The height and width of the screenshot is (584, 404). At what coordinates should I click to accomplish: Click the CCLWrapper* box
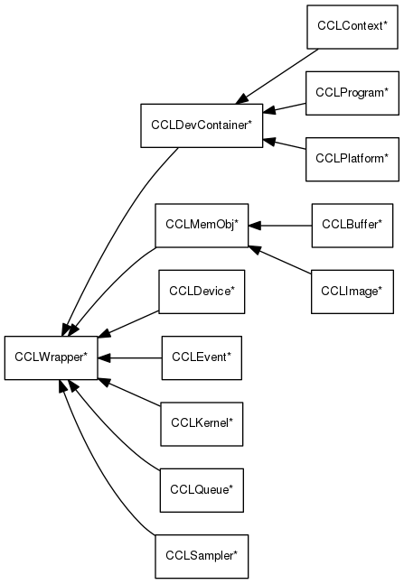coord(51,357)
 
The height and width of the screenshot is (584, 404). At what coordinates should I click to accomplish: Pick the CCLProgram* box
coord(352,92)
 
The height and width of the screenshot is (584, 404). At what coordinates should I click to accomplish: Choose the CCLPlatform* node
coord(352,159)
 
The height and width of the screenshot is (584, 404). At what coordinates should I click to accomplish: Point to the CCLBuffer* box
coord(352,226)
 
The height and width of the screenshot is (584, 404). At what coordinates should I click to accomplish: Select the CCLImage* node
coord(352,291)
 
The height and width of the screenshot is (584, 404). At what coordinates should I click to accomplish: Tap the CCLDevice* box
coord(202,291)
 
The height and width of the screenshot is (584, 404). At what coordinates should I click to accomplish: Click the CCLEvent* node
coord(202,357)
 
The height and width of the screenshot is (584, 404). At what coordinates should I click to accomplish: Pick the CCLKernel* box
coord(202,422)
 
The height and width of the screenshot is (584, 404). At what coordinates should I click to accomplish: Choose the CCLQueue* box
coord(202,489)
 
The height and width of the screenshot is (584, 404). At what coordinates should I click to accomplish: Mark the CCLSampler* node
coord(202,555)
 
